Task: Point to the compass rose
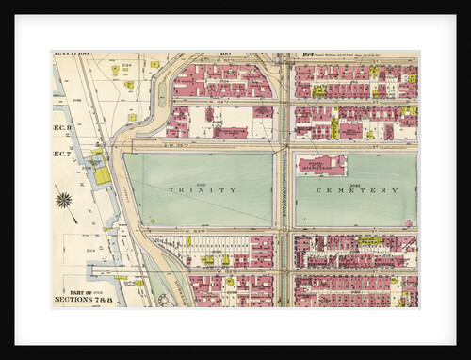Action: [65, 200]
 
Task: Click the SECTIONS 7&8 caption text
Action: [84, 299]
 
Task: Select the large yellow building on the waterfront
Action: [102, 175]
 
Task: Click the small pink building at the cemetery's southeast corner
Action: [408, 223]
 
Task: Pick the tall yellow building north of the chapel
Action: [334, 126]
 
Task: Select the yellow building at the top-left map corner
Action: [115, 70]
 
